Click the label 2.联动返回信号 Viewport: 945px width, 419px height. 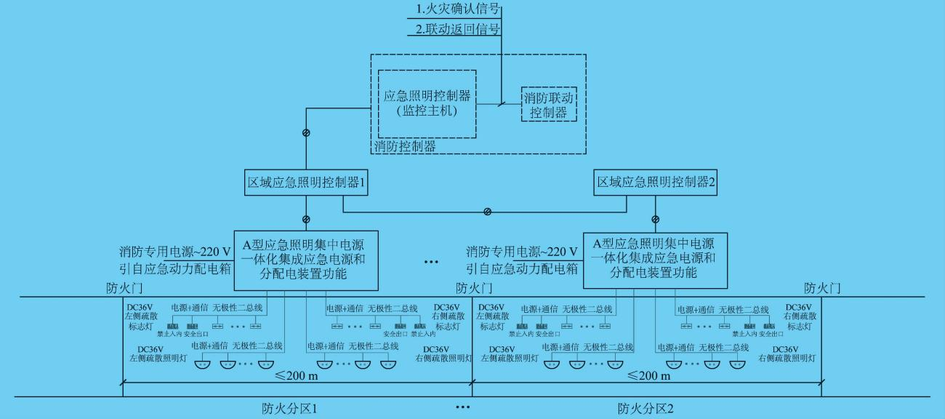(459, 30)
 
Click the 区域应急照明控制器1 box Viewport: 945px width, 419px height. (304, 183)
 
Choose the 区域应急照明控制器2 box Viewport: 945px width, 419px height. (656, 183)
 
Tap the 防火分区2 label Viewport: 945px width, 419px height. (646, 408)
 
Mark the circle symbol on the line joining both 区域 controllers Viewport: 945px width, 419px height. (487, 212)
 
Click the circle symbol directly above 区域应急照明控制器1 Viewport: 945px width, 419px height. (306, 132)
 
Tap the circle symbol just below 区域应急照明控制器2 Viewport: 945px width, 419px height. (656, 219)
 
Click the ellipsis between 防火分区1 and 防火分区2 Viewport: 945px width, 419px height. (463, 407)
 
